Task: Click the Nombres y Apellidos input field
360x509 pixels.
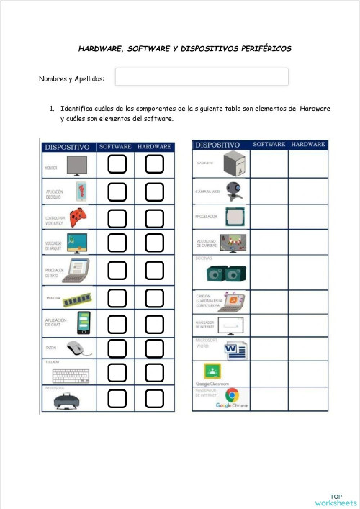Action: click(x=202, y=77)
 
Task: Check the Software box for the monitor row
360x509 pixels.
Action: click(x=117, y=166)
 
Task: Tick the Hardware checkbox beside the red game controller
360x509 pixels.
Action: click(x=154, y=215)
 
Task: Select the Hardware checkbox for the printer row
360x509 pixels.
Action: click(x=154, y=397)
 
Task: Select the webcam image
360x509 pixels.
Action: click(x=233, y=190)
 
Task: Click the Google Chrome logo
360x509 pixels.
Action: click(x=232, y=395)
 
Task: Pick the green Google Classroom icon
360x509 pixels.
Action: click(x=212, y=371)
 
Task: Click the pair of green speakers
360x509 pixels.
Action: click(x=226, y=273)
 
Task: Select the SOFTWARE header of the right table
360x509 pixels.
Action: click(x=269, y=145)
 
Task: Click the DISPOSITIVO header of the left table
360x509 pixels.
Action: click(x=67, y=147)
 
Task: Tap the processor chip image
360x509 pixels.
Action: click(x=233, y=216)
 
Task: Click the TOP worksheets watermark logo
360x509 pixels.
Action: click(x=336, y=499)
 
